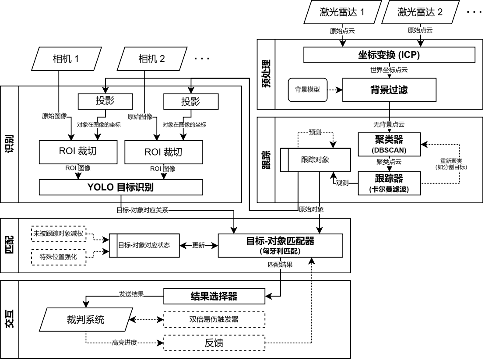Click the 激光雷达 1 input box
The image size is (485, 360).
pyautogui.click(x=342, y=12)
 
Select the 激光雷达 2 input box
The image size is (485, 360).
pyautogui.click(x=420, y=12)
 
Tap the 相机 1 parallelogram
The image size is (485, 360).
pyautogui.click(x=66, y=59)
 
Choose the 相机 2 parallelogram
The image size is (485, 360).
pyautogui.click(x=151, y=59)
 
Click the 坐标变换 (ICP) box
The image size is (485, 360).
pyautogui.click(x=389, y=55)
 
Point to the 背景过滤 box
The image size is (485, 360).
pyautogui.click(x=389, y=90)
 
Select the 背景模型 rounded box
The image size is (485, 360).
pyautogui.click(x=308, y=90)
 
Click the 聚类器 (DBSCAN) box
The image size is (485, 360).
pyautogui.click(x=389, y=144)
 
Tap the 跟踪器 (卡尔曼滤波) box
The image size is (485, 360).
pyautogui.click(x=389, y=183)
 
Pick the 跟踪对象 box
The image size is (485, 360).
pyautogui.click(x=315, y=160)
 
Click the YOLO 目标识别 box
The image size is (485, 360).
pyautogui.click(x=121, y=187)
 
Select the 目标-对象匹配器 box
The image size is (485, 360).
pyautogui.click(x=280, y=245)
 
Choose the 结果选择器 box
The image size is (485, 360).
pyautogui.click(x=214, y=296)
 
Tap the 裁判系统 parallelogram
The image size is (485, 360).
pyautogui.click(x=86, y=319)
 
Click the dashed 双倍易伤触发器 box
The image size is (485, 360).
pyautogui.click(x=214, y=319)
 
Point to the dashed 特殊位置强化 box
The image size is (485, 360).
pyautogui.click(x=59, y=257)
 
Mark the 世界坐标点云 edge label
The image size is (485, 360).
pyautogui.click(x=389, y=70)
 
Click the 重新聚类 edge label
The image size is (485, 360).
pyautogui.click(x=451, y=164)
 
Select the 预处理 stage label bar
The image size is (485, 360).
pyautogui.click(x=266, y=74)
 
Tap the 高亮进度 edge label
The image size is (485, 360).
pyautogui.click(x=124, y=343)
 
